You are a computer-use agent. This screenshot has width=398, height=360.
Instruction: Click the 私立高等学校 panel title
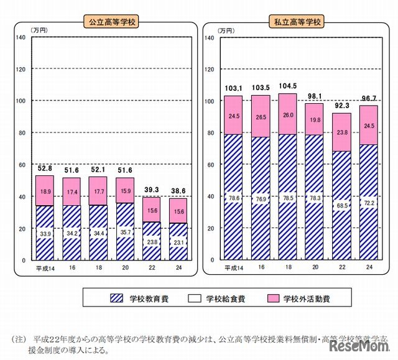[x=296, y=22]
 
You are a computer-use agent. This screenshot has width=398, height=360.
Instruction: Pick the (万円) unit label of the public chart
[x=39, y=30]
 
